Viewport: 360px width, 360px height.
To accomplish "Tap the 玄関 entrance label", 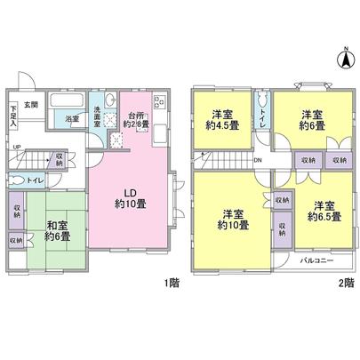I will [29, 105].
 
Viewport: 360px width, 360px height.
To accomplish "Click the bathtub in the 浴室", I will [68, 100].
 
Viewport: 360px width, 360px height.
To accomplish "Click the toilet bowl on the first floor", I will [17, 180].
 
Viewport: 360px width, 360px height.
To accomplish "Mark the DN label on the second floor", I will [257, 160].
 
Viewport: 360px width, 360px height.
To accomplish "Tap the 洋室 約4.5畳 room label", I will [223, 119].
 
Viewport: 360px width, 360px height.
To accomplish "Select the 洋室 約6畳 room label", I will [310, 119].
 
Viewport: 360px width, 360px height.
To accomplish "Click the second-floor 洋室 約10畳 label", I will [234, 219].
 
